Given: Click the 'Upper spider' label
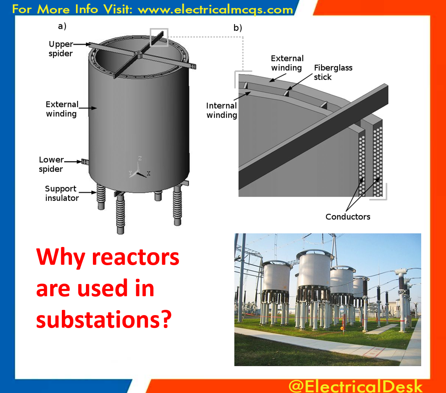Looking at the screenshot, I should point(61,49).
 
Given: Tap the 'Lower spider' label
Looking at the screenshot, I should point(51,164).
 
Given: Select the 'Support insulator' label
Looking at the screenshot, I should point(61,193).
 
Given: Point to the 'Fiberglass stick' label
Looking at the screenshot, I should point(333,72).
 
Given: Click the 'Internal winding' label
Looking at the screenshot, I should point(221,110).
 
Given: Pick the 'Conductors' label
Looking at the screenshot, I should point(348,217).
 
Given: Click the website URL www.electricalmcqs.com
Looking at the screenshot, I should point(215,9).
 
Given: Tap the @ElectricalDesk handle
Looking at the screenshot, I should point(355,386).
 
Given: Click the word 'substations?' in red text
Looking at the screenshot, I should point(104,319).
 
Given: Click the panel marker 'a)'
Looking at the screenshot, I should point(62,26).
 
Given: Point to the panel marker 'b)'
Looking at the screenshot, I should point(237,28).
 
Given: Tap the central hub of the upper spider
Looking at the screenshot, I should point(138,54).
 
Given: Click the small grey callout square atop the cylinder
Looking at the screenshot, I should point(159,37).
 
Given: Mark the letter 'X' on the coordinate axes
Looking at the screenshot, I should point(148,174).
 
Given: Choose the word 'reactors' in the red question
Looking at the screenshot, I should point(136,257).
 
